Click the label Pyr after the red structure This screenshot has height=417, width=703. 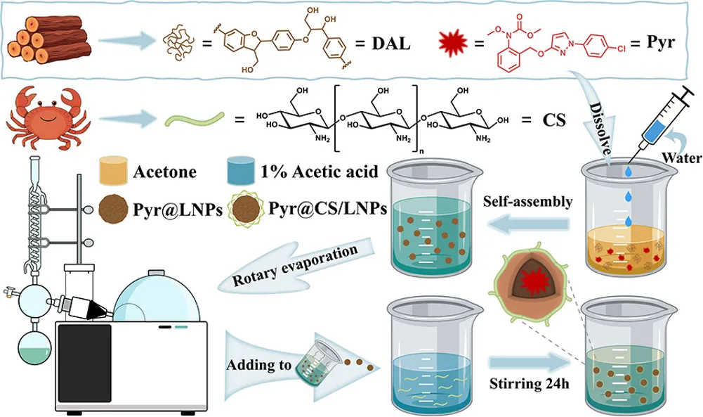[664, 41]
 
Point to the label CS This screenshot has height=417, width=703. [553, 119]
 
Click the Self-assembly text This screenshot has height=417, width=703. [527, 203]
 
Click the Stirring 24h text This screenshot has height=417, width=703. [529, 384]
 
